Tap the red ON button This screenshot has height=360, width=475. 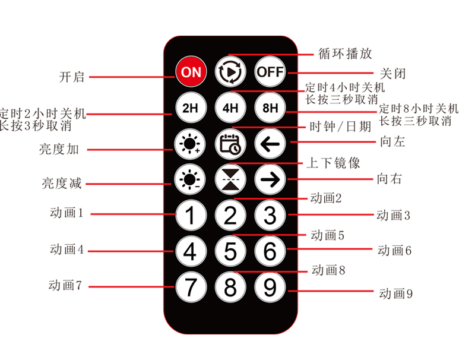(x=191, y=72)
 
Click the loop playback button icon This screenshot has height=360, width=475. (x=230, y=72)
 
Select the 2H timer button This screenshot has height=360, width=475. (x=191, y=108)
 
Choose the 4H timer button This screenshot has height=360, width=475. (x=230, y=108)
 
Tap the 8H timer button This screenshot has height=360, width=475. (x=270, y=108)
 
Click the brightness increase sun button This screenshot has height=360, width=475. (x=190, y=144)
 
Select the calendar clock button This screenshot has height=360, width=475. (x=230, y=144)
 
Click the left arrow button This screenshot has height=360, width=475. (x=270, y=144)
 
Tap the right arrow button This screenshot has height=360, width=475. (x=270, y=179)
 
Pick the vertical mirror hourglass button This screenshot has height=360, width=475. (x=230, y=179)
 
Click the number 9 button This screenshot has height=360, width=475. (x=270, y=287)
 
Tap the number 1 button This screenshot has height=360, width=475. (x=191, y=215)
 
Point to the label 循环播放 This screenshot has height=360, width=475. (x=345, y=53)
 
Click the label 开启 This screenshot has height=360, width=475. (x=72, y=77)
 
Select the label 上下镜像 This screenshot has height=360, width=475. (x=333, y=163)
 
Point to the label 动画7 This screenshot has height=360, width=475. (x=65, y=286)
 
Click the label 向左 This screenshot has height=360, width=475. (x=392, y=141)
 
